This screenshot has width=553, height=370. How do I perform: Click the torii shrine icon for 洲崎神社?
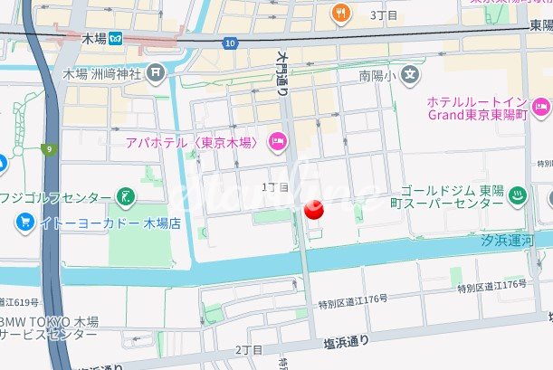pyautogui.click(x=157, y=71)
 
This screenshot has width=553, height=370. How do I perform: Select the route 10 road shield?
pyautogui.click(x=233, y=43)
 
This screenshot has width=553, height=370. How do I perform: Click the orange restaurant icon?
pyautogui.click(x=341, y=12)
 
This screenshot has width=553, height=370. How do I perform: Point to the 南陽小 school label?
pyautogui.click(x=377, y=74)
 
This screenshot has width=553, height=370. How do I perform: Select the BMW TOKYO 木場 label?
pyautogui.click(x=49, y=327)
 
